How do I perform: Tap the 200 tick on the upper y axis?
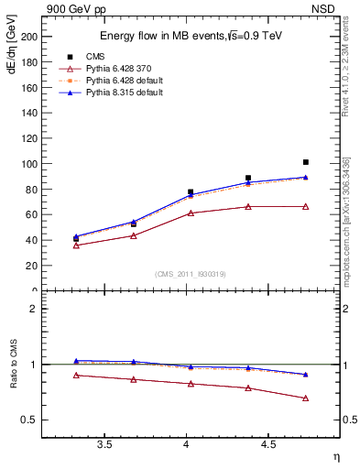29,37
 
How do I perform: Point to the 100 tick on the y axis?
29,164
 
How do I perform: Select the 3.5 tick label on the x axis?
104,444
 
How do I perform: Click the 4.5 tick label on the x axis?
268,444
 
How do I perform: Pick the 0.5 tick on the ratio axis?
31,420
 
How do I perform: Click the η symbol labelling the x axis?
336,456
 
